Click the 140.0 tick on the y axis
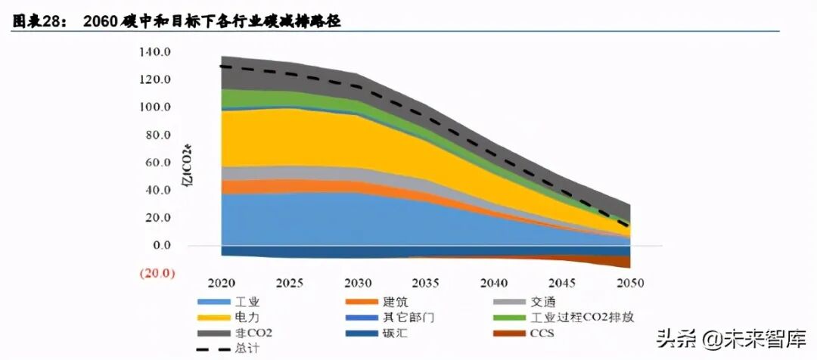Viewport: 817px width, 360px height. [155, 52]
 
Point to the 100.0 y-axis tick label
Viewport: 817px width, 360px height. [155, 107]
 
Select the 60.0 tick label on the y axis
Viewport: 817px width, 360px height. [155, 163]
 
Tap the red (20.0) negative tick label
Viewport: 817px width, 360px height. [154, 273]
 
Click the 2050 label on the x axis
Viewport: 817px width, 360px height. [630, 284]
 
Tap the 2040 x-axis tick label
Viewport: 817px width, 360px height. [493, 284]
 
